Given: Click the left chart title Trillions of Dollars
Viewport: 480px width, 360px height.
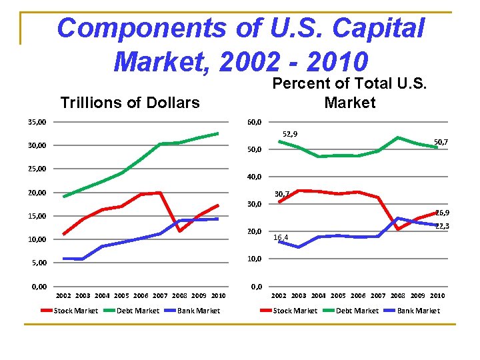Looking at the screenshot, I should pyautogui.click(x=129, y=103).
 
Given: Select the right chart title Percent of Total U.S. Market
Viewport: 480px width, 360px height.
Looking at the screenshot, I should pyautogui.click(x=349, y=93).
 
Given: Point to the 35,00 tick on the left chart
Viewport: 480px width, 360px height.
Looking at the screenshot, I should pyautogui.click(x=37, y=122).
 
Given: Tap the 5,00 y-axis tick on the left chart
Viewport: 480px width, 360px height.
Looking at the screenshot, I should pyautogui.click(x=39, y=263).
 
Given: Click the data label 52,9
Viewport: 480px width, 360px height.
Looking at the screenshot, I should pyautogui.click(x=291, y=134).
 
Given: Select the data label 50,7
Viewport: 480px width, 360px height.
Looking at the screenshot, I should pyautogui.click(x=441, y=142).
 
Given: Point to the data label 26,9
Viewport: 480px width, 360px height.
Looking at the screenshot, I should pyautogui.click(x=442, y=213).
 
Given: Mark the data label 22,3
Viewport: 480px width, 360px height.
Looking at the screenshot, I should pyautogui.click(x=442, y=227).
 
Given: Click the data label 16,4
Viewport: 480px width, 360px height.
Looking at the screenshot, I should pyautogui.click(x=281, y=237).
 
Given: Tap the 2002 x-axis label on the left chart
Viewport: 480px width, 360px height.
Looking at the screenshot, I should pyautogui.click(x=63, y=295).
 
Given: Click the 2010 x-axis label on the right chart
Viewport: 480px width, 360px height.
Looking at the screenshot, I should pyautogui.click(x=437, y=295).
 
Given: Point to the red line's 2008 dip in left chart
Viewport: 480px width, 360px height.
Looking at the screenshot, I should pyautogui.click(x=179, y=231).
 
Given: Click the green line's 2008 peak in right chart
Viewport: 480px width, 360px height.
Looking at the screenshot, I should pyautogui.click(x=398, y=138).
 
